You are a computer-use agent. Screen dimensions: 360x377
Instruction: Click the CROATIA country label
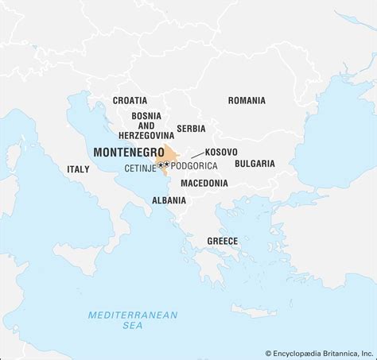[129, 101]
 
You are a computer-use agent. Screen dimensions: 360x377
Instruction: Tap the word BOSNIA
[146, 115]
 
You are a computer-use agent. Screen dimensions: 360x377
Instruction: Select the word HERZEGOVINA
[146, 136]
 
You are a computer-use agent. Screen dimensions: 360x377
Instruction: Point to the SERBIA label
[191, 128]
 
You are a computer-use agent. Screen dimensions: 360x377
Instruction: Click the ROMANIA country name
[247, 101]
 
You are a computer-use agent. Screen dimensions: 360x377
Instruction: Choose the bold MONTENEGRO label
[129, 152]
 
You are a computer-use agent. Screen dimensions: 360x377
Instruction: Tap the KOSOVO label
[220, 151]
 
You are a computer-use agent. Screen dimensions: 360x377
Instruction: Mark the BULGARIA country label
[255, 164]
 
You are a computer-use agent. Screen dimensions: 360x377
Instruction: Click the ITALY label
[78, 169]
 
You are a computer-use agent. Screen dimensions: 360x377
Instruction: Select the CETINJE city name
[139, 168]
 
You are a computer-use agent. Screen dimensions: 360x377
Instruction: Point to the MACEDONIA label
[204, 183]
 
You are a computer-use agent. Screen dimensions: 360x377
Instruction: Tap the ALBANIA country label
[169, 200]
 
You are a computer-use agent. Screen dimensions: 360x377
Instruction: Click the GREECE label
[222, 240]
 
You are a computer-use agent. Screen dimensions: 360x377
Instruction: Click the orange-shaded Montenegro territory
[170, 154]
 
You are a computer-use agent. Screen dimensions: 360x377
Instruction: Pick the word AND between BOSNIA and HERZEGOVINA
[146, 126]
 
